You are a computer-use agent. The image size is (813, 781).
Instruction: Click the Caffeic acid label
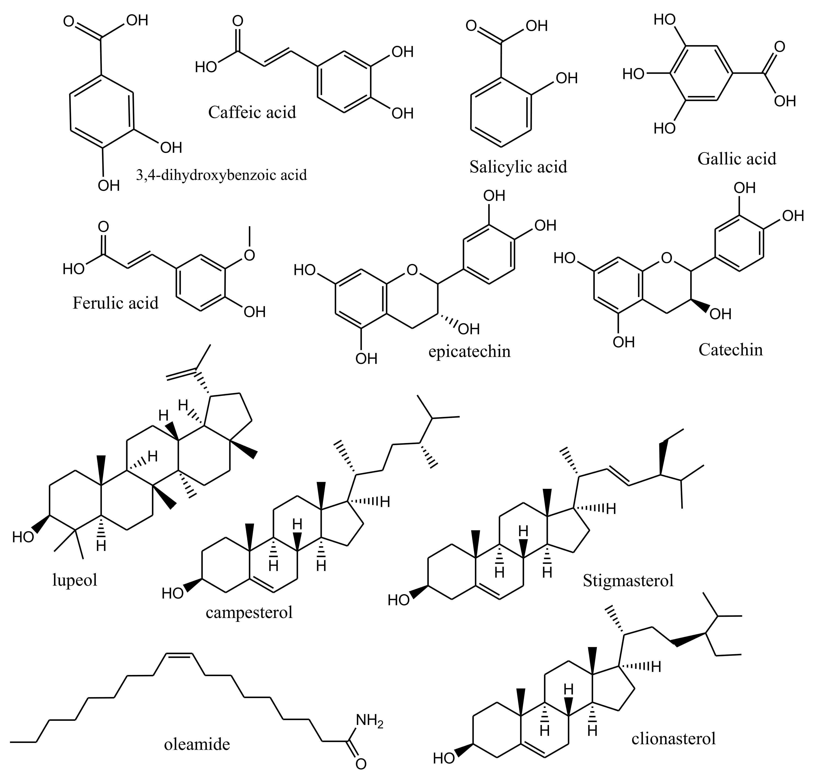coord(252,112)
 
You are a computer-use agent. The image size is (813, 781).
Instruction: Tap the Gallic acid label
coord(737,159)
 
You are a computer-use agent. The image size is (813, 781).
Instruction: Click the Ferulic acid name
coord(116,303)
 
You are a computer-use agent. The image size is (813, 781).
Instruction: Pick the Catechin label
coord(731,350)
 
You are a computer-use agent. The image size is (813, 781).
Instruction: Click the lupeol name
coord(75,580)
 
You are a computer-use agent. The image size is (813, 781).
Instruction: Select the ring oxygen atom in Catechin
coord(667,258)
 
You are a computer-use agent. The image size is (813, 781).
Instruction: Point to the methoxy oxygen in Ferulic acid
coord(249,255)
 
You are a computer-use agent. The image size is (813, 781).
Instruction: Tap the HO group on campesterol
coord(173,593)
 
